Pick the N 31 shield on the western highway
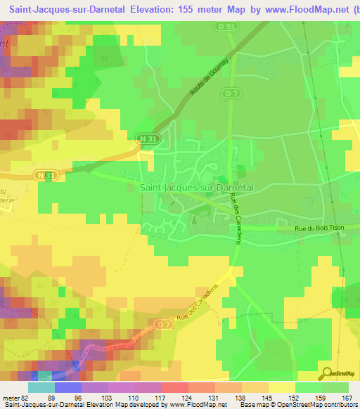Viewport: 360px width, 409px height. (x=44, y=173)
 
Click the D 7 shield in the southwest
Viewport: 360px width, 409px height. (x=163, y=324)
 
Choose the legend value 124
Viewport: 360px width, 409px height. (x=187, y=397)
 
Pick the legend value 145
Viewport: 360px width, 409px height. (x=267, y=397)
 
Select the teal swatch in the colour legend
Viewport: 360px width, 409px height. (x=41, y=387)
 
